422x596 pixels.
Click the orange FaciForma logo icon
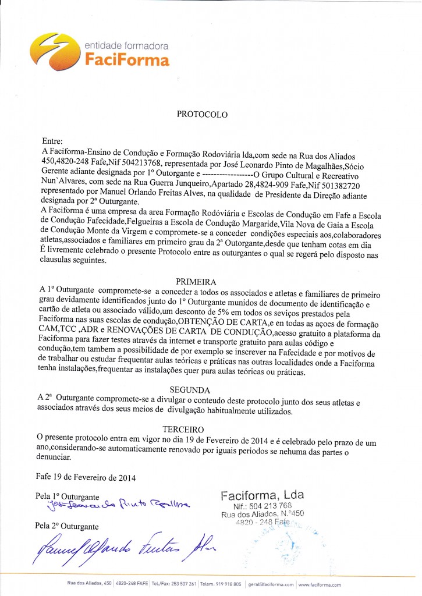point(55,51)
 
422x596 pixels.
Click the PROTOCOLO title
point(202,115)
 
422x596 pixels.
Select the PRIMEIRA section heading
point(203,281)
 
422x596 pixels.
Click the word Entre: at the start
point(56,141)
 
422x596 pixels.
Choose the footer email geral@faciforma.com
point(271,584)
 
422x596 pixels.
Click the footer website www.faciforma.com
point(320,584)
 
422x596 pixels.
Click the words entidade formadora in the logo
point(126,45)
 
